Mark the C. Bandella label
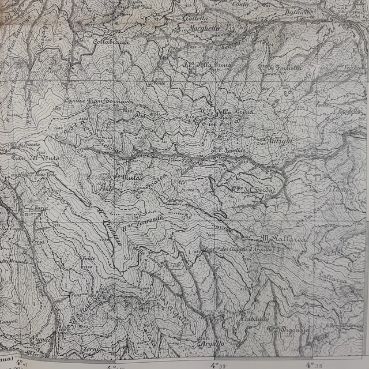point(348,110)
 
